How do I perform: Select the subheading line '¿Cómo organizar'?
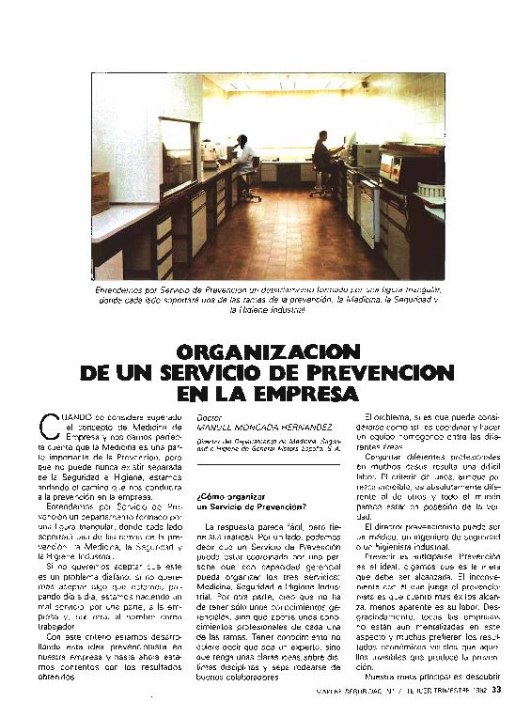tap(234, 495)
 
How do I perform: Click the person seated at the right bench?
tap(322, 154)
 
